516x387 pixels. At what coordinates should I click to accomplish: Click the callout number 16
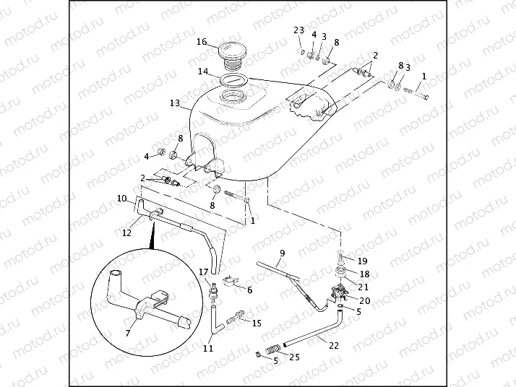tap(202, 41)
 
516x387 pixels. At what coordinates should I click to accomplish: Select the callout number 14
tap(204, 71)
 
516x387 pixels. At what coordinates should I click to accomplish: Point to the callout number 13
tap(174, 103)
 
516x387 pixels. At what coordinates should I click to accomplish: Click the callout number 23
tap(298, 30)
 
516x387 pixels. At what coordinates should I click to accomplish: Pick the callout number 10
tap(121, 198)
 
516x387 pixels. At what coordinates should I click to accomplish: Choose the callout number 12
tap(127, 232)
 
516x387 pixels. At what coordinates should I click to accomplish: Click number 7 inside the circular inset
tap(128, 332)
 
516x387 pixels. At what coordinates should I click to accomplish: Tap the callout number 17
tap(204, 271)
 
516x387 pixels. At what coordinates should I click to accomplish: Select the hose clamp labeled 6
tap(228, 281)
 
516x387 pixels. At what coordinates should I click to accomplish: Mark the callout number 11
tap(207, 348)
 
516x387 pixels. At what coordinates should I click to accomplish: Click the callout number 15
tap(257, 323)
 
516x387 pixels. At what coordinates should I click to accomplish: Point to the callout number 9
tap(283, 252)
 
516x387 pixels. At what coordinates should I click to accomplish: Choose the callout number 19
tap(363, 261)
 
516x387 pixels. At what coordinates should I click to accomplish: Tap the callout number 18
tap(364, 274)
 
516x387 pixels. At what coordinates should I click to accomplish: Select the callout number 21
tap(364, 287)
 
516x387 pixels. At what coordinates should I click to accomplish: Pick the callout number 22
tap(333, 344)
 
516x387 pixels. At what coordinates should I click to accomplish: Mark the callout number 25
tap(293, 356)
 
